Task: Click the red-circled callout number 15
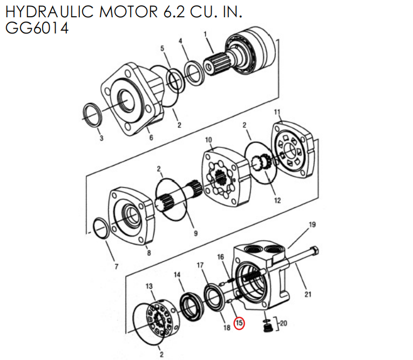239,324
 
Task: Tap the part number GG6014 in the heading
37,28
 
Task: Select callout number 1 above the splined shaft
205,35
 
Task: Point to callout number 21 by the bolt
308,294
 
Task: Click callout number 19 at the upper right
312,225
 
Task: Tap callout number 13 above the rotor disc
150,286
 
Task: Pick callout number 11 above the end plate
277,112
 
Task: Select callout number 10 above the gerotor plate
208,140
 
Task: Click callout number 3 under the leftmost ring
100,139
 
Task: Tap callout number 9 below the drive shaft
195,233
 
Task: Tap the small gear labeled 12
261,162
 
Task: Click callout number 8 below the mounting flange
149,253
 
